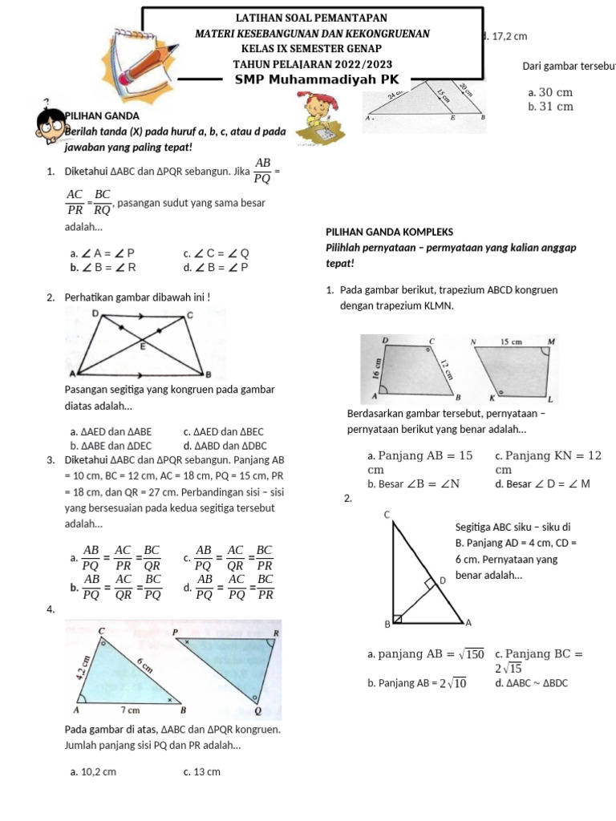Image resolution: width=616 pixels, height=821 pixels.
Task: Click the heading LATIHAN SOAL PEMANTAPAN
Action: point(312,18)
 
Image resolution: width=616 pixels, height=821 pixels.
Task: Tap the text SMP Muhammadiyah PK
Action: point(312,80)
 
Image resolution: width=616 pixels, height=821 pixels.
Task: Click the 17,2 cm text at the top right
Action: point(509,36)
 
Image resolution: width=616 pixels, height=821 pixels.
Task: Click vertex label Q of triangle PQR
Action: point(257,710)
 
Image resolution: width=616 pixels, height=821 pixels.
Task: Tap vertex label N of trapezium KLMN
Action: point(473,342)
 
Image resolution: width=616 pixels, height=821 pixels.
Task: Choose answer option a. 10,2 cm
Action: point(93,772)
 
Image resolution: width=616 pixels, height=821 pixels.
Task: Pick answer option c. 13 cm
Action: point(201,772)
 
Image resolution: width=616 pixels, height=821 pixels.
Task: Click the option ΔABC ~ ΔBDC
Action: point(531,683)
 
